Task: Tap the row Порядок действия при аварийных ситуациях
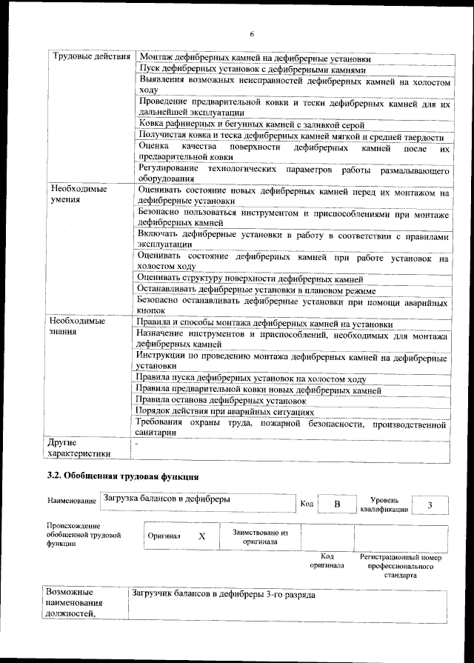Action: tap(226, 412)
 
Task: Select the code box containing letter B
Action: tap(336, 504)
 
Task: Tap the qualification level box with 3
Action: tap(430, 504)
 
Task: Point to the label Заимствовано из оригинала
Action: tap(260, 536)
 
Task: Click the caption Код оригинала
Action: tap(327, 561)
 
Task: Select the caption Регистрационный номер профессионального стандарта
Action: tap(400, 565)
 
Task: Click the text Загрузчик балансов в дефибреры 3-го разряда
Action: tap(224, 595)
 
